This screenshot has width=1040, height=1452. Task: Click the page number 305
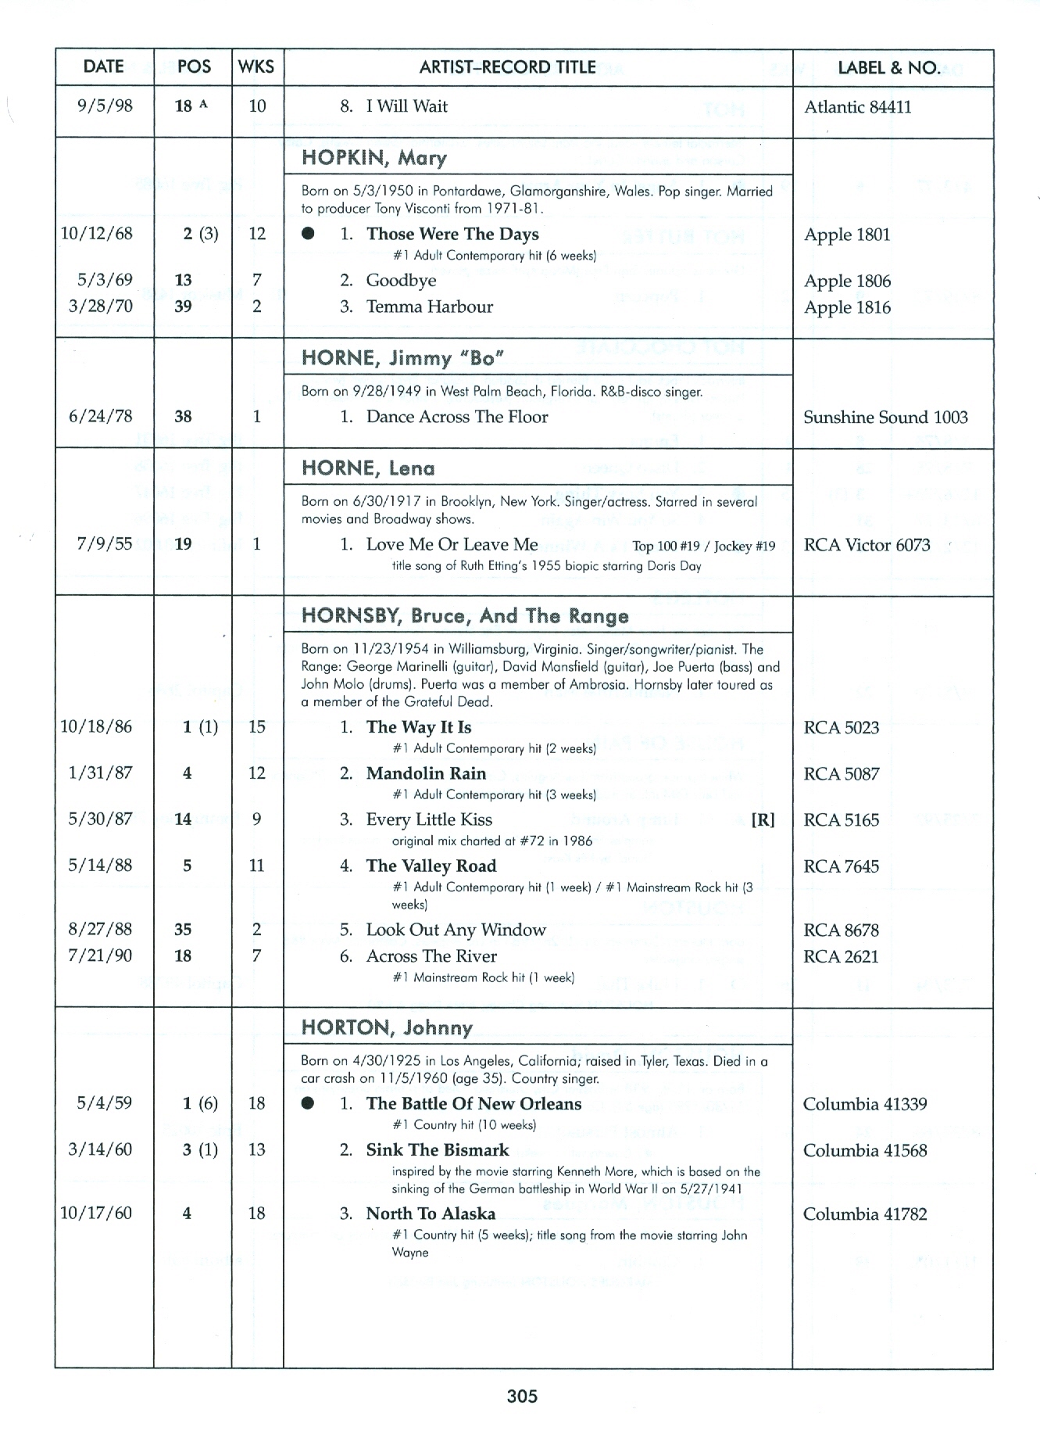pos(522,1396)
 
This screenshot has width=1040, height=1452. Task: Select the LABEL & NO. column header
pos(888,68)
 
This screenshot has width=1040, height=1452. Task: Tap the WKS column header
pos(256,67)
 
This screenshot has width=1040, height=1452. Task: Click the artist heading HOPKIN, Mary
pos(374,158)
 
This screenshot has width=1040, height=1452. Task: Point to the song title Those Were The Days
pos(452,235)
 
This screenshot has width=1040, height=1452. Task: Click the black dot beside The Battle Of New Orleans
pos(308,1103)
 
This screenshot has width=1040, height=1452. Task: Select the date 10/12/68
pos(97,234)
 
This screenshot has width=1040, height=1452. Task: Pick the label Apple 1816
pos(847,307)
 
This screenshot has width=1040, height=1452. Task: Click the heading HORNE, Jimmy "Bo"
pos(402,358)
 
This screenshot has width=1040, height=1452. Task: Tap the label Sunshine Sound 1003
pos(885,418)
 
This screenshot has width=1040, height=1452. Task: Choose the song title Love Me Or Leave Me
pos(452,544)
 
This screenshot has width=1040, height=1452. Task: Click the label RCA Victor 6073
pos(867,545)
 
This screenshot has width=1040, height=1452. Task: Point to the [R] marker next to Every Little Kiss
pos(763,820)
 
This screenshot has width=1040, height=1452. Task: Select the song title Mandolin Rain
pos(426,773)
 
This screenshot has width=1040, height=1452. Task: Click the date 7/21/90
pos(100,955)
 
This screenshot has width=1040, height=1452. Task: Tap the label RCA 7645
pos(841,866)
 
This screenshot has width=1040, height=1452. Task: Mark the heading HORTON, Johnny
pos(387,1027)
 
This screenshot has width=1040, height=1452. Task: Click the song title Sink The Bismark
pos(437,1150)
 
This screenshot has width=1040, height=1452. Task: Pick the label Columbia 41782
pos(864,1214)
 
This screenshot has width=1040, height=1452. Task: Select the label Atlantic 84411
pos(857,107)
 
